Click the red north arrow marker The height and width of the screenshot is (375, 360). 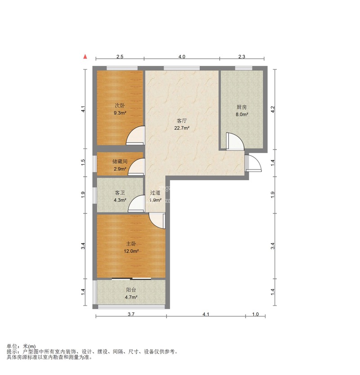85,57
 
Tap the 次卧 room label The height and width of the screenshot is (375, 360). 120,106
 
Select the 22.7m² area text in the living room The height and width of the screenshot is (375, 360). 182,128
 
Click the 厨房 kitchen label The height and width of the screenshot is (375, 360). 242,107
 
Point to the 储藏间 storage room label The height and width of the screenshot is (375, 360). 120,162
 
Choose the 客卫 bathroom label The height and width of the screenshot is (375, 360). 120,193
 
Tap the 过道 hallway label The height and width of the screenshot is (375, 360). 155,193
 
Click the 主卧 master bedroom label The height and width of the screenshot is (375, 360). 131,244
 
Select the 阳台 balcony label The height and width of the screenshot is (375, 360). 131,290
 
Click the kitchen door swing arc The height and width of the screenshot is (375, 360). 235,141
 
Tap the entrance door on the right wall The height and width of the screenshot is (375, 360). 253,163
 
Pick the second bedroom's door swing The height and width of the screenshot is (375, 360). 135,135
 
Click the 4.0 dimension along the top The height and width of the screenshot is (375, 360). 182,57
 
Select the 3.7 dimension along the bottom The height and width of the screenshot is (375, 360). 131,314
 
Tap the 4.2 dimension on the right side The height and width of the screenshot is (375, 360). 273,109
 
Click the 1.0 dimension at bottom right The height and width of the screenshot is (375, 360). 256,314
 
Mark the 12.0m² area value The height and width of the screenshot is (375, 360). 131,251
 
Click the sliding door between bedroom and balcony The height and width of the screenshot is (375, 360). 131,279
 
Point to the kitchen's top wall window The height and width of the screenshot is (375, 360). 243,68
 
